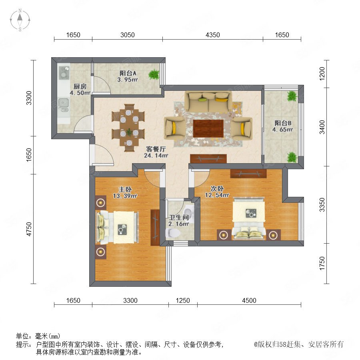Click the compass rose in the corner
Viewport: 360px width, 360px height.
[x=20, y=20]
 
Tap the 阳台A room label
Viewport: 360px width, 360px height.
[x=128, y=76]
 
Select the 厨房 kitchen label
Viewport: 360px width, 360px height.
[x=80, y=90]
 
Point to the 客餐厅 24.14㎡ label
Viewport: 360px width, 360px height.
[x=156, y=152]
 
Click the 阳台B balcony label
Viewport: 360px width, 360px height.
[x=283, y=126]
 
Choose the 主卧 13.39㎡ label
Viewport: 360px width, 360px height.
[x=125, y=192]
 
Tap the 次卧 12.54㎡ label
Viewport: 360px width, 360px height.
[x=217, y=192]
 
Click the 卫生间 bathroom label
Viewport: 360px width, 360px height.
[x=179, y=220]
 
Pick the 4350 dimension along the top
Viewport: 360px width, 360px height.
[x=213, y=35]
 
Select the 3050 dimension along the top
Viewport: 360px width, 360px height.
[x=128, y=35]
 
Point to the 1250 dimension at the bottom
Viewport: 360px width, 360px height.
[x=183, y=300]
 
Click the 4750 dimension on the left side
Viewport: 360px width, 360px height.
[x=29, y=229]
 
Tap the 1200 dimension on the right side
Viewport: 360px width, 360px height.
[x=322, y=74]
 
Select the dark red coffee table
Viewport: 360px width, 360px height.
[x=208, y=128]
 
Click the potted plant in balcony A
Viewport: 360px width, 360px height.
[x=154, y=75]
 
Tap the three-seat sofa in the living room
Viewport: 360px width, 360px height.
[x=208, y=102]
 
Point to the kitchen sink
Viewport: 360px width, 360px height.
[x=63, y=103]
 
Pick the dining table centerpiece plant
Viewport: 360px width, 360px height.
[x=129, y=132]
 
